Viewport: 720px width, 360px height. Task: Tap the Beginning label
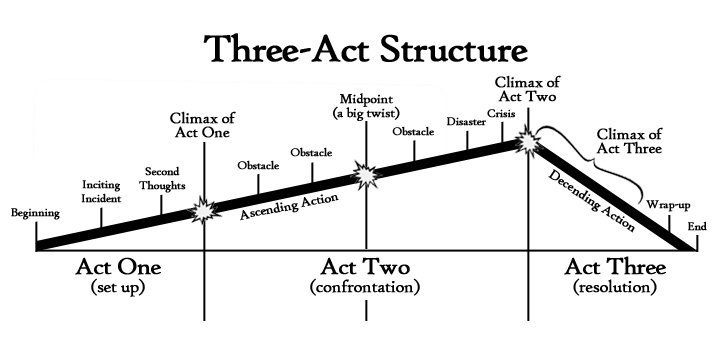(x=34, y=213)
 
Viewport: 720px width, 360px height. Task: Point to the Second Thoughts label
(x=162, y=176)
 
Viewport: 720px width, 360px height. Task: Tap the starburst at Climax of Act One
(x=204, y=210)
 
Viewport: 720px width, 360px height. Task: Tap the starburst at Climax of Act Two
(x=527, y=143)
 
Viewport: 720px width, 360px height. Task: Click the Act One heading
(x=118, y=267)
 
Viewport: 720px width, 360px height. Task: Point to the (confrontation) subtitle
(x=365, y=287)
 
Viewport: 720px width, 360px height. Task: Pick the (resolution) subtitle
(x=615, y=287)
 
